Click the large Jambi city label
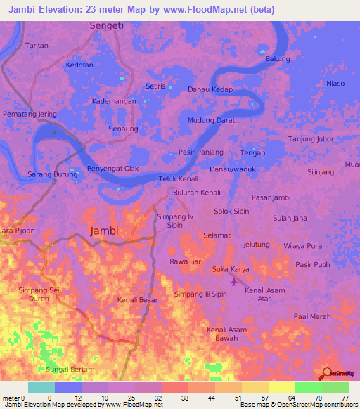tap(104, 231)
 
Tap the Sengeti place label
tap(108, 25)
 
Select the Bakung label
tap(277, 59)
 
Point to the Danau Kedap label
tap(210, 89)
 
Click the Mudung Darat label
tap(211, 120)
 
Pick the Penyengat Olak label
tap(112, 169)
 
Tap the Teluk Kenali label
tap(179, 179)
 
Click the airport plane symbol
tap(233, 282)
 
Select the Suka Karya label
tap(230, 269)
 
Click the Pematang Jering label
tap(30, 113)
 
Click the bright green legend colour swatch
tap(308, 387)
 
